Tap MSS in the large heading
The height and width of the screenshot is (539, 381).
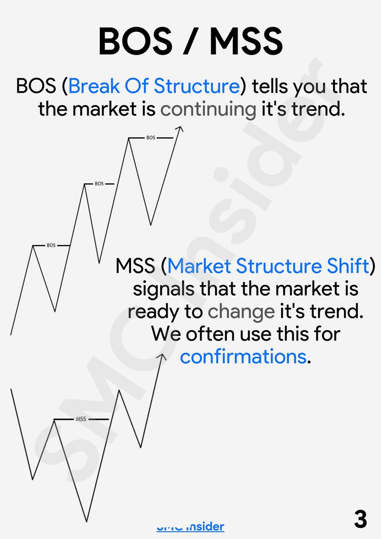(246, 41)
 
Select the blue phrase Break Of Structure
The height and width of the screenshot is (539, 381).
(154, 86)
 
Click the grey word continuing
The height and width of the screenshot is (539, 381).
(208, 109)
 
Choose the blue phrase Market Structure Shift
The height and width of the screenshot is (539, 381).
(269, 266)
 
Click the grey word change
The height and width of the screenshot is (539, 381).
(241, 312)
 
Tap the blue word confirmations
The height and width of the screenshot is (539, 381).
(243, 357)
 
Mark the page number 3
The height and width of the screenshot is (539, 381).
(360, 519)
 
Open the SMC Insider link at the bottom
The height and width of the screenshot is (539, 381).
(190, 527)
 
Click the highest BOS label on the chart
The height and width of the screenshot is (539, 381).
(151, 138)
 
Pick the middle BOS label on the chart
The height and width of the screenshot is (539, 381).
(99, 184)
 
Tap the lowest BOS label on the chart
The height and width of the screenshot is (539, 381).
(51, 245)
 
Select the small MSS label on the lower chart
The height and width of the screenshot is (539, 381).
(81, 419)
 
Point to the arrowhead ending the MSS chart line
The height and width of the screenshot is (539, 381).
(162, 356)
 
